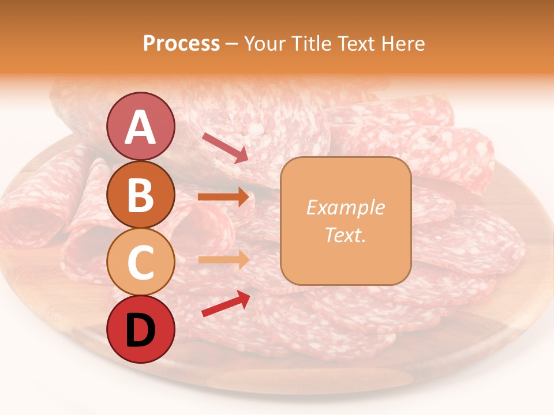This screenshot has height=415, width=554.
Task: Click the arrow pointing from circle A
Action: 225,148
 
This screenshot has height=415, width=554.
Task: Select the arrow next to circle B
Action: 223,197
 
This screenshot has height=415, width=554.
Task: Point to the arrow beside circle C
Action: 223,260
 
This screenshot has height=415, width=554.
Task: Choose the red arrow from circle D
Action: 226,303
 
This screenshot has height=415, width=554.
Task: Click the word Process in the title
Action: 181,44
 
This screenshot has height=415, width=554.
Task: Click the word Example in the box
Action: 345,207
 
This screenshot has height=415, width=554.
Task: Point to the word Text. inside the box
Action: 345,235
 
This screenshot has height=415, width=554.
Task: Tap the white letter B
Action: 140,195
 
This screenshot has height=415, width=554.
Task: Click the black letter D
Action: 140,330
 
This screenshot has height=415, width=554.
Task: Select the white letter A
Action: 140,127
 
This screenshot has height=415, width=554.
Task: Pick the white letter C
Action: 140,262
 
